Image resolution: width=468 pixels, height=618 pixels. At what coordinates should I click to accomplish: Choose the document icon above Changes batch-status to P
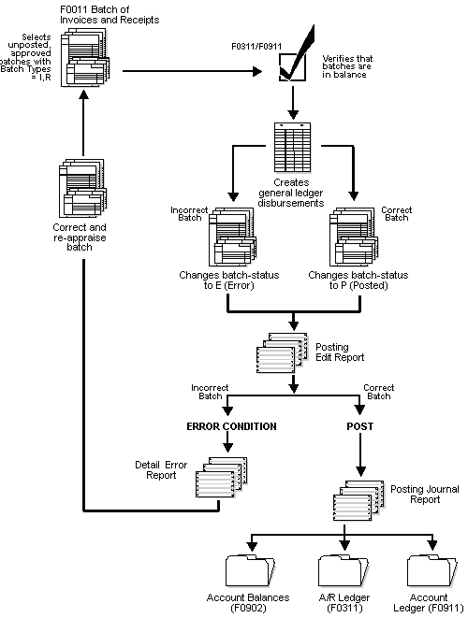click(353, 237)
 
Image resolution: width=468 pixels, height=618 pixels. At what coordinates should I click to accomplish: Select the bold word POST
click(359, 426)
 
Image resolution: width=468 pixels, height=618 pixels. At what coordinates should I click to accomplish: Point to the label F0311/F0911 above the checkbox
click(256, 44)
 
